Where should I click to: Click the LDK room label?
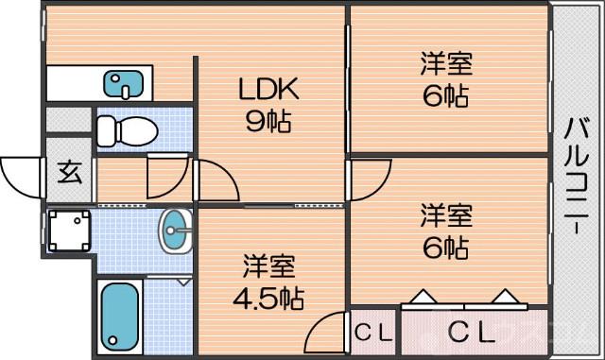coord(268,91)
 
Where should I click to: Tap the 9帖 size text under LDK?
coord(268,121)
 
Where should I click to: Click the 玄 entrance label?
coord(69,173)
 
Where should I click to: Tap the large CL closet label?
coord(470,332)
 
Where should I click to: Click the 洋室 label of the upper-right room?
coord(445,65)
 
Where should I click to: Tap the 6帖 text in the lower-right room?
coord(445,249)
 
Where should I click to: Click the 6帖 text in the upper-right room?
coord(445,95)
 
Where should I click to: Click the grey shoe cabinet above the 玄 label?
coord(69,120)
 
